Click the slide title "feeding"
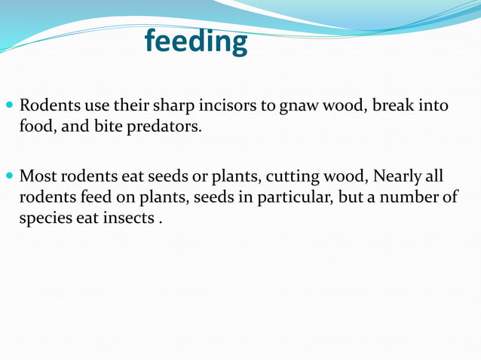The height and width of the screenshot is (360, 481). coord(196,41)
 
